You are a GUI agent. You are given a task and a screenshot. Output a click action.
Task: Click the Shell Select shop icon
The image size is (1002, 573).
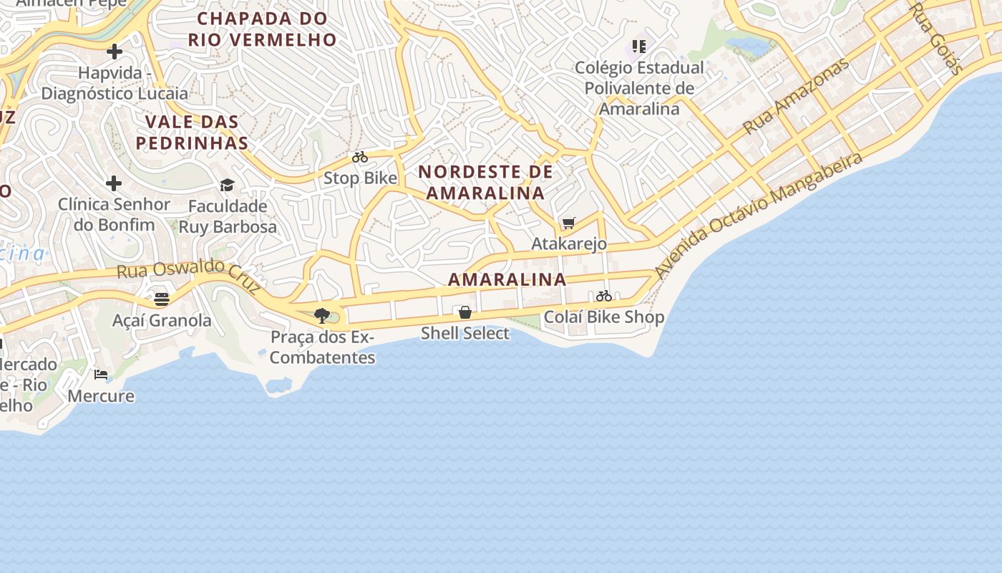point(465,312)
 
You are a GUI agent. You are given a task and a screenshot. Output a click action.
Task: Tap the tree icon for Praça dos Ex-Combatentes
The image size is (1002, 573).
point(321,315)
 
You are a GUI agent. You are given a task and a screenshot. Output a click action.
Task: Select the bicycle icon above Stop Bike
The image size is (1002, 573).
point(360,157)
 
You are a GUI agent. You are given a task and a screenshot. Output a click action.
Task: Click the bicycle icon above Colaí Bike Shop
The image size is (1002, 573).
point(604,296)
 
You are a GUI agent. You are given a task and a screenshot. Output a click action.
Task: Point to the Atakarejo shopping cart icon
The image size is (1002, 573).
point(569,223)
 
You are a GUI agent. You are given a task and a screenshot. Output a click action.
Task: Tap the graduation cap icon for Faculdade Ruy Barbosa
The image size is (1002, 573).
point(227,186)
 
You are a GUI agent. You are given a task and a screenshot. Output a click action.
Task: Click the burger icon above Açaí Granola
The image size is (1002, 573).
point(162,299)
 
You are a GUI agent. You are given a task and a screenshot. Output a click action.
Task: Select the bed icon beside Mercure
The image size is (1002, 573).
point(101,375)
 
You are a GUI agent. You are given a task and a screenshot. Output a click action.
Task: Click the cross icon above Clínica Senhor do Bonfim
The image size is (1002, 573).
point(114,183)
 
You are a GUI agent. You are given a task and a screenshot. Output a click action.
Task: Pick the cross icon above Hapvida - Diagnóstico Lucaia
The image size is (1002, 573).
point(115,52)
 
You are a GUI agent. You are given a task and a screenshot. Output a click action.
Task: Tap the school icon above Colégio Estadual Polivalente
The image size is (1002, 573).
point(639,47)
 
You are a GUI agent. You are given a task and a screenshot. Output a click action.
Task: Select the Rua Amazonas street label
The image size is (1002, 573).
point(795,95)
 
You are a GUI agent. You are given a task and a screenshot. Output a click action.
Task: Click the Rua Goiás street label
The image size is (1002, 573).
point(936,38)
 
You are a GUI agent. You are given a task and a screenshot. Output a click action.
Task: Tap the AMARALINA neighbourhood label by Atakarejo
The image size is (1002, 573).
point(507,279)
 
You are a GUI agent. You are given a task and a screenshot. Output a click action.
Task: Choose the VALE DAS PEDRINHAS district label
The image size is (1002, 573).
point(192,132)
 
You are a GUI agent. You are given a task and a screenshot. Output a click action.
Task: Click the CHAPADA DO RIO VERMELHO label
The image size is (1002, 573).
point(262,29)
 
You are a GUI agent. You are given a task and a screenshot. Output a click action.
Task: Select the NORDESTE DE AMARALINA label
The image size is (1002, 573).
point(485,182)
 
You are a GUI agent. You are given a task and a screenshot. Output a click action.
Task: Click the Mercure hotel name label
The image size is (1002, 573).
point(101,396)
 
